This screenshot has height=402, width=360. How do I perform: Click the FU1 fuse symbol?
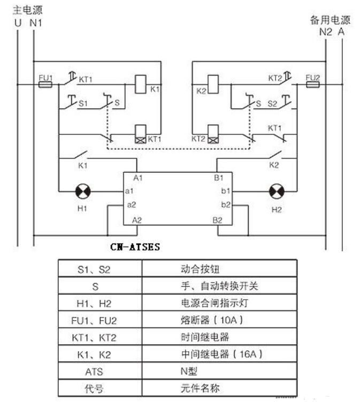pos(45,85)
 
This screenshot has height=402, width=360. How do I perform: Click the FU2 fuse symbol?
pos(313,85)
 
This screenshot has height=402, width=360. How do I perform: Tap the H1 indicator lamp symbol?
pos(83,192)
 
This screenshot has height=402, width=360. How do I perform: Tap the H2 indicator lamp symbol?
pos(277,192)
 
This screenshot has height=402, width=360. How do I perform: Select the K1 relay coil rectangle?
pos(141,84)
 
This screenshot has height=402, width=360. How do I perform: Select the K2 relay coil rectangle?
pos(213,84)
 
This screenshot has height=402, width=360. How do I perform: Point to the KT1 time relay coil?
pos(141,134)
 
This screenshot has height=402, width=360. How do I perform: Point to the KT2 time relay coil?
pos(213,134)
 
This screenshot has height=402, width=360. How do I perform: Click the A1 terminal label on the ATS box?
pos(138,178)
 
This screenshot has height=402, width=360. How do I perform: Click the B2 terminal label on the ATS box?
pos(218,220)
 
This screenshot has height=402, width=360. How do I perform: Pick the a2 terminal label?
pos(132,204)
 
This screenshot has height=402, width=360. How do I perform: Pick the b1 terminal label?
pos(226,191)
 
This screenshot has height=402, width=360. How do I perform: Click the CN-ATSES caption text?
pos(135,247)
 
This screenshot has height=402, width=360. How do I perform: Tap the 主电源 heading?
pos(28,10)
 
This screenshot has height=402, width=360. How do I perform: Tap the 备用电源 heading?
pos(330,20)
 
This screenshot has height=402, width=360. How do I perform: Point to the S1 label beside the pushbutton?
pos(83,103)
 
